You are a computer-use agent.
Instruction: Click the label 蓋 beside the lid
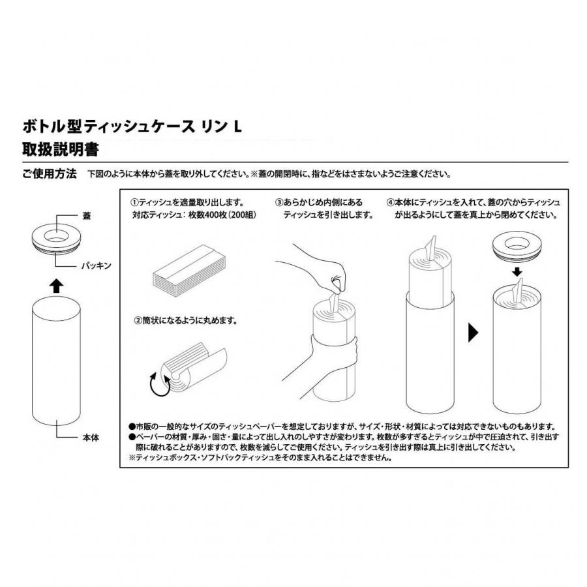pos(87,216)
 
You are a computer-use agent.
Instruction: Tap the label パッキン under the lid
pos(97,265)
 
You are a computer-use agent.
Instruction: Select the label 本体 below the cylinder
pos(91,437)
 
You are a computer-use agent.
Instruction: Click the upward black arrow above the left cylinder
pos(56,286)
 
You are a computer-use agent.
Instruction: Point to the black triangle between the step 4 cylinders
pos(473,333)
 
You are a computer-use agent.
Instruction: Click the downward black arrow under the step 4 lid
pos(517,271)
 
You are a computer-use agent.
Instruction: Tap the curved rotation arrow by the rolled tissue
pos(158,385)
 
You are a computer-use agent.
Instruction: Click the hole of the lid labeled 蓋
pos(56,236)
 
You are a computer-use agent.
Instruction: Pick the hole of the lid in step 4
pos(517,244)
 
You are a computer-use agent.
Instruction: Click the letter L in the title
pos(237,127)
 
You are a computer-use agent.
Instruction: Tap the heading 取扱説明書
pos(61,149)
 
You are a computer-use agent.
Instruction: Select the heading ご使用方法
pos(50,173)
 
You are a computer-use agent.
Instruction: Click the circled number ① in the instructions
pos(134,203)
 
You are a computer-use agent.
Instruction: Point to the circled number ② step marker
pos(138,320)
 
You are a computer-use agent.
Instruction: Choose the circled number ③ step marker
pos(279,203)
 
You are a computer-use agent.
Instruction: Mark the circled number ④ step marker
pos(391,203)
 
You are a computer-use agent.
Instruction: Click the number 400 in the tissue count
pos(212,215)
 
